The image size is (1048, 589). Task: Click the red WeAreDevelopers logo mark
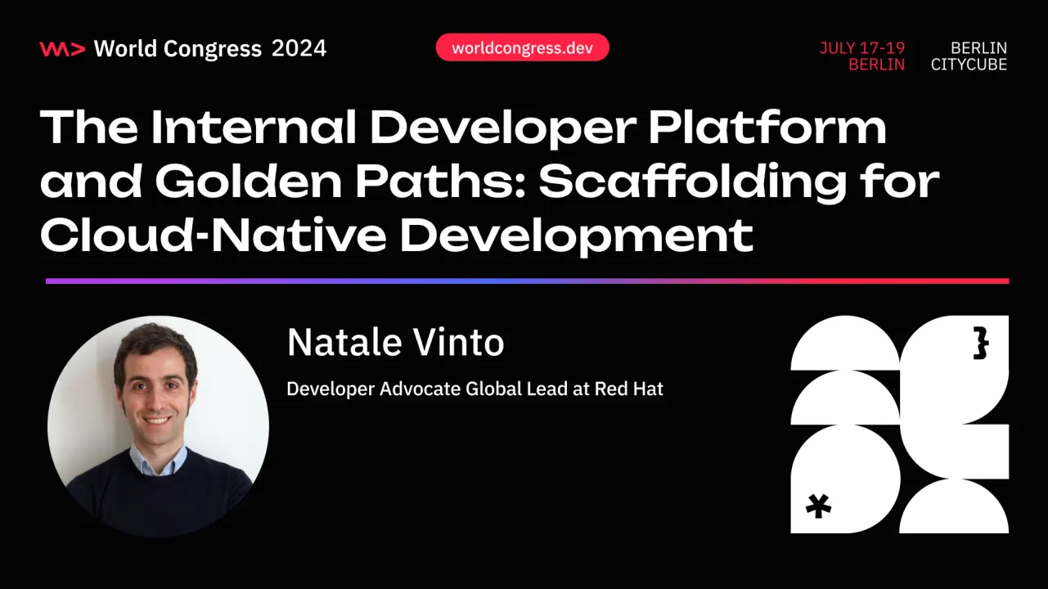coord(61,49)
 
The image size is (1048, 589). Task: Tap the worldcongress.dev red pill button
coord(523,47)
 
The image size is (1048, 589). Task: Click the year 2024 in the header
coord(299,49)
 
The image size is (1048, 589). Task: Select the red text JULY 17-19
coord(862,48)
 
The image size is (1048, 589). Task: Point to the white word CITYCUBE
coord(969,65)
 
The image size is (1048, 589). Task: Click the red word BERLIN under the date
coord(876,65)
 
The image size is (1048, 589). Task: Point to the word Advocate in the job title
coord(421,389)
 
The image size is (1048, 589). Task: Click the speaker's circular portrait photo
coord(158,426)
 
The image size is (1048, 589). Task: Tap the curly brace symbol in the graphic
coord(981,344)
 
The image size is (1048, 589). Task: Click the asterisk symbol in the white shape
coord(818,506)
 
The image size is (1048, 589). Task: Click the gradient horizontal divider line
coord(527,281)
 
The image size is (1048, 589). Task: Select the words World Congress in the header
coord(178,49)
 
